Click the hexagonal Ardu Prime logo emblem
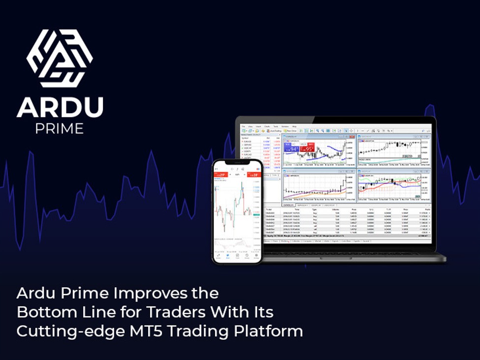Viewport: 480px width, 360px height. tap(60, 59)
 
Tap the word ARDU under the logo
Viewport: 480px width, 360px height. tap(60, 107)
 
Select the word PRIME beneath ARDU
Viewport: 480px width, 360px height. tap(59, 129)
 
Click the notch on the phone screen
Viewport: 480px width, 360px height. tap(237, 163)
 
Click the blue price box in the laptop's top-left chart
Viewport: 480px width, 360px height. tap(294, 148)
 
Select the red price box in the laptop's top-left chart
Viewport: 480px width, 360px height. tap(309, 148)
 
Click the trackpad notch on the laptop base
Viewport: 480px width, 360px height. tap(337, 257)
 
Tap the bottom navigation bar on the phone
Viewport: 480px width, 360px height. tap(237, 256)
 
